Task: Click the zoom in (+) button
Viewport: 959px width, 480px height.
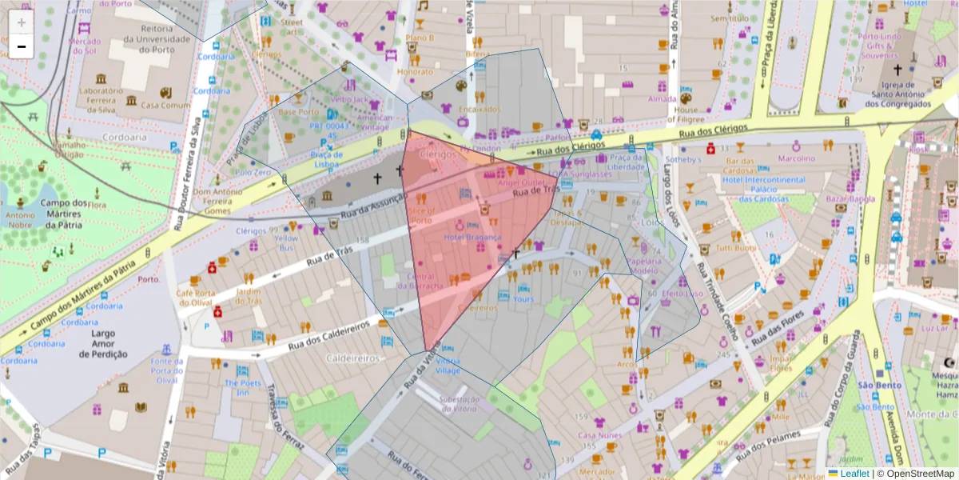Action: point(22,22)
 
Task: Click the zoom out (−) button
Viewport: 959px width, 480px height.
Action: point(22,46)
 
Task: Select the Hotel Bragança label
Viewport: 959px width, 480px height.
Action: point(472,238)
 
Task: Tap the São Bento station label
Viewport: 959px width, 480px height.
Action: point(873,385)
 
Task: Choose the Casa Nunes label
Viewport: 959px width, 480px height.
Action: point(599,435)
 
